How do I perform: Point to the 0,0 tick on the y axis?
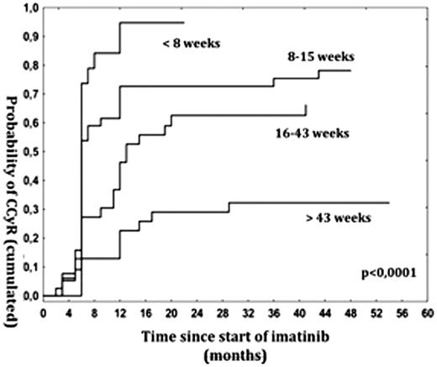(29, 296)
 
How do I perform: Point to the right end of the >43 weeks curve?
(389, 202)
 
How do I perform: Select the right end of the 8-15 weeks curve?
(350, 71)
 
